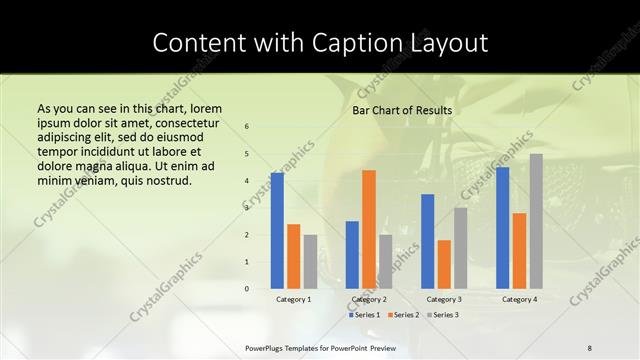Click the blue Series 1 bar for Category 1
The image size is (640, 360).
(277, 231)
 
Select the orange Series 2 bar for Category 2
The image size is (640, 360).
(369, 229)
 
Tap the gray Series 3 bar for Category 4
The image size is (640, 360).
(536, 221)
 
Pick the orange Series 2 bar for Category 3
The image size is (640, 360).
(444, 264)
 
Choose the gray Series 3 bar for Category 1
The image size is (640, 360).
(310, 262)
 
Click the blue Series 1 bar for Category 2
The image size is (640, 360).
(352, 255)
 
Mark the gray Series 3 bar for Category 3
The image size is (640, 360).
(461, 248)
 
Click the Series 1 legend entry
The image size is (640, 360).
(363, 315)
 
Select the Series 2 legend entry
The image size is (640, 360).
(402, 315)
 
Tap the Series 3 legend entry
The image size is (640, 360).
(441, 315)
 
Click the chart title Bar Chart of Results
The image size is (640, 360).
(402, 110)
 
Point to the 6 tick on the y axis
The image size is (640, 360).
(247, 127)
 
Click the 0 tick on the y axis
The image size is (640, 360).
(247, 289)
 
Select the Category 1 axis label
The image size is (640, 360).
(293, 299)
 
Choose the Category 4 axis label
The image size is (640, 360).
(519, 299)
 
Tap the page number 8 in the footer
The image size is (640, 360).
(590, 347)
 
